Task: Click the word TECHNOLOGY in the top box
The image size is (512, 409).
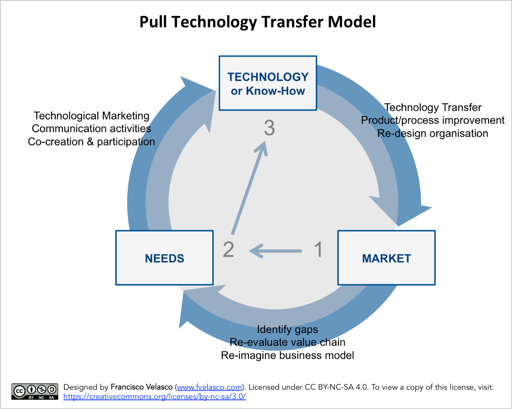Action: pyautogui.click(x=268, y=77)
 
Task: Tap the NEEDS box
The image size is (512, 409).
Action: pyautogui.click(x=164, y=258)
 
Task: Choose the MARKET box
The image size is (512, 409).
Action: pyautogui.click(x=386, y=258)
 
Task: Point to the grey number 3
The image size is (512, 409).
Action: pyautogui.click(x=269, y=128)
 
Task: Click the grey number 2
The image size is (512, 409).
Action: pyautogui.click(x=229, y=249)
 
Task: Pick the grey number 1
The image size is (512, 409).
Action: pyautogui.click(x=319, y=249)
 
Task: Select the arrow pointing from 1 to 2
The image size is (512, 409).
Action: pyautogui.click(x=275, y=251)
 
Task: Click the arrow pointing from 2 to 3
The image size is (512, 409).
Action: pyautogui.click(x=249, y=188)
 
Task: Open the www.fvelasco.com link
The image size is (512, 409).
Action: pyautogui.click(x=209, y=387)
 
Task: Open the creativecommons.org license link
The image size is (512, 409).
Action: pyautogui.click(x=154, y=396)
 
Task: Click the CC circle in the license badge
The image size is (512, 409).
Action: pyautogui.click(x=19, y=391)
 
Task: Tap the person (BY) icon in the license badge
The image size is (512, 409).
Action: pyautogui.click(x=32, y=389)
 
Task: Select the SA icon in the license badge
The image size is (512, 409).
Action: pyautogui.click(x=52, y=389)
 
